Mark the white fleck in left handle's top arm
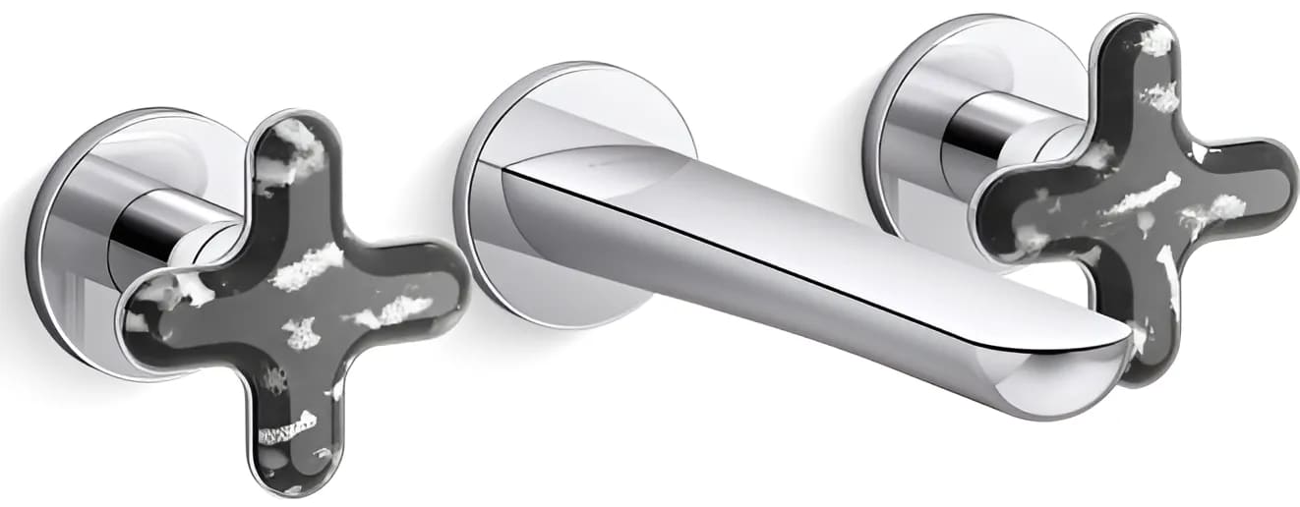[295, 147]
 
